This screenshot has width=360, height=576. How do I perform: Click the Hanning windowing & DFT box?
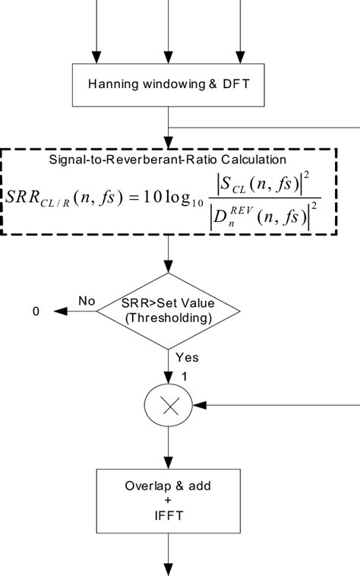(x=168, y=84)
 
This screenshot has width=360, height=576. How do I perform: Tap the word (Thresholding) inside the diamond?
(x=168, y=319)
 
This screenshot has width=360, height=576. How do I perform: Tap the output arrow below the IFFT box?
(x=168, y=559)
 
